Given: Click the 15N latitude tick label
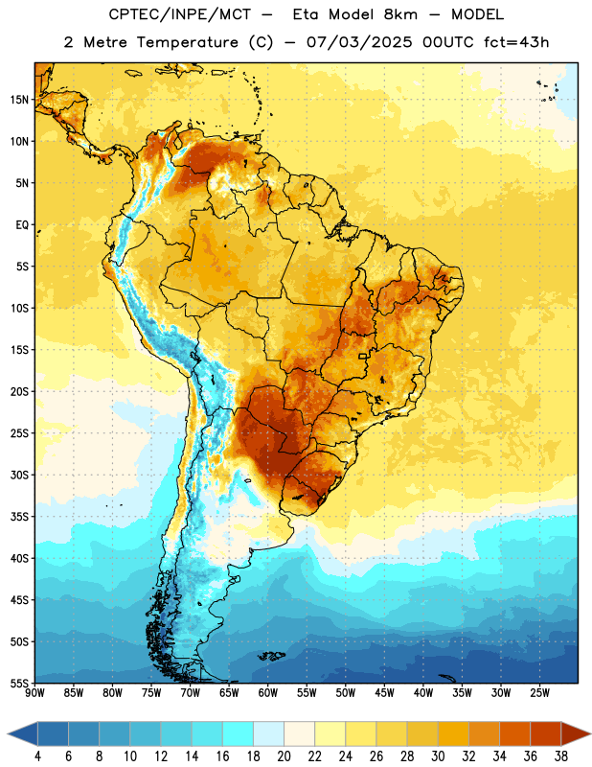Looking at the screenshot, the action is click(19, 100).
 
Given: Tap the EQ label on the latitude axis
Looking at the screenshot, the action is click(22, 225).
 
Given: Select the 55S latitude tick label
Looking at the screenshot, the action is click(19, 683).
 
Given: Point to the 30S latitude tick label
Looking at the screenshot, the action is click(19, 475).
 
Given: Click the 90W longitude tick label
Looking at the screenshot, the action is click(34, 692).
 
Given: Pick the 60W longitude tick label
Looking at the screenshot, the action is click(268, 692).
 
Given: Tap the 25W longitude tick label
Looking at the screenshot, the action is click(539, 692).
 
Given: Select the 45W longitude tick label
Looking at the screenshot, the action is click(384, 692).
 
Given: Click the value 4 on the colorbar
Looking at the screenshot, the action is click(37, 756).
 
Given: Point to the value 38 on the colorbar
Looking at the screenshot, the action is click(560, 756).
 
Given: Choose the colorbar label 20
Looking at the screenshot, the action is click(284, 756).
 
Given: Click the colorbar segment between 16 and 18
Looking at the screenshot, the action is click(238, 734).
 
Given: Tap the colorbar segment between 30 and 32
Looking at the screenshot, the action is click(453, 734).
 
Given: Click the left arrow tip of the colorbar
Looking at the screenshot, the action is click(8, 734).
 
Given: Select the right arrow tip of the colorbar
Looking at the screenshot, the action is click(590, 734).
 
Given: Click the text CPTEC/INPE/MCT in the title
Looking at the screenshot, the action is click(179, 15).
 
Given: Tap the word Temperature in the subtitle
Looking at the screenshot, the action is click(187, 42).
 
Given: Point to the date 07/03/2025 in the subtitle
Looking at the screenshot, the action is click(359, 42).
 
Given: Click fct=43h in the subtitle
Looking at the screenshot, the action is click(516, 42).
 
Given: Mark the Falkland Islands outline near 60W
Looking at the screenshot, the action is click(272, 656).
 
